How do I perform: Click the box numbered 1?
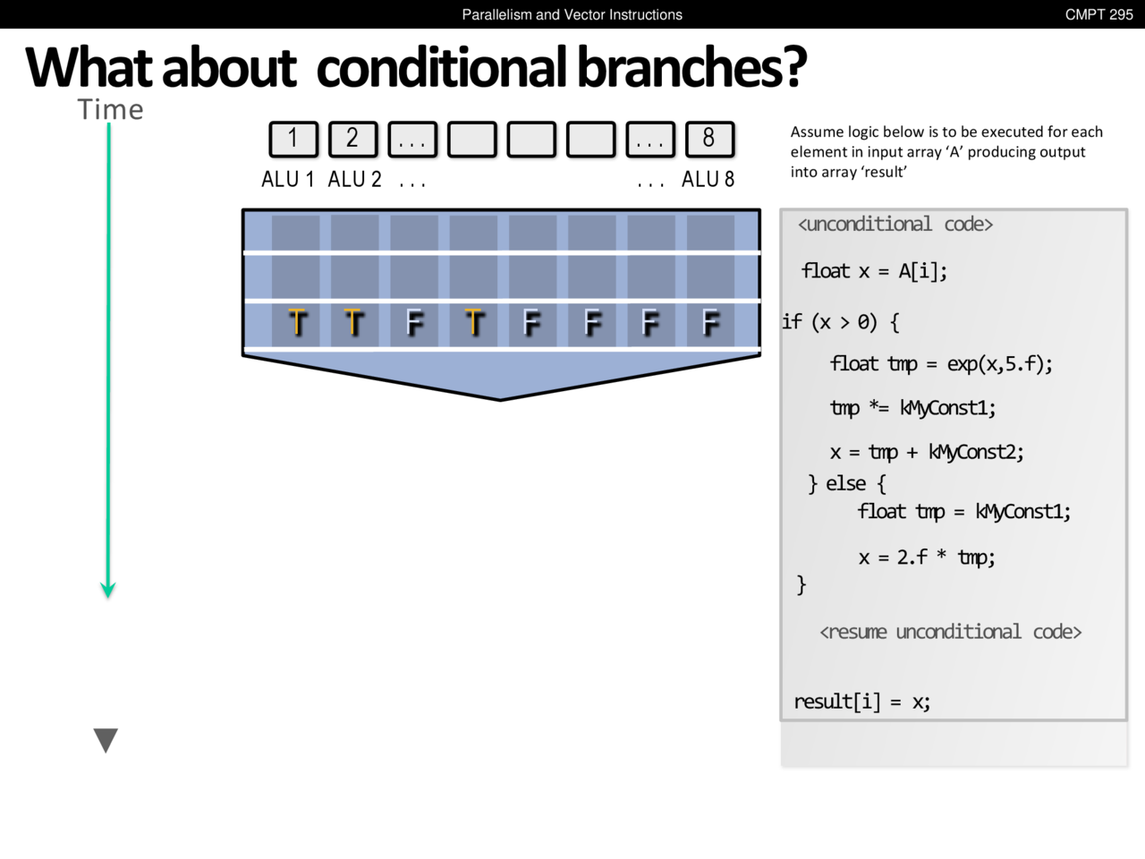(293, 140)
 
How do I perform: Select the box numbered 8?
(709, 140)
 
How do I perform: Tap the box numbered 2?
(353, 140)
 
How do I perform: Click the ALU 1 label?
(288, 180)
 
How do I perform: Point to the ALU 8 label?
(708, 180)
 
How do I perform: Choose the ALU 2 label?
(355, 180)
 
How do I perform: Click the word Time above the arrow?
(110, 109)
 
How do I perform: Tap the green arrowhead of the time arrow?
(108, 590)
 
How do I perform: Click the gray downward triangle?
(106, 740)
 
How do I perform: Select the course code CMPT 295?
(1098, 14)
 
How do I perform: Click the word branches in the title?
(691, 67)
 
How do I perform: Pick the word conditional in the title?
(441, 67)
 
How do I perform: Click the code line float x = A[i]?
(874, 271)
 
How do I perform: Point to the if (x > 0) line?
(841, 322)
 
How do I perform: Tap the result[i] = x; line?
(862, 702)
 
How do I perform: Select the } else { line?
(846, 483)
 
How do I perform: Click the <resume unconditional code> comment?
(950, 632)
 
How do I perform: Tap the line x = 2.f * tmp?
(927, 557)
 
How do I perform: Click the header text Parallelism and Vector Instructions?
(572, 14)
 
